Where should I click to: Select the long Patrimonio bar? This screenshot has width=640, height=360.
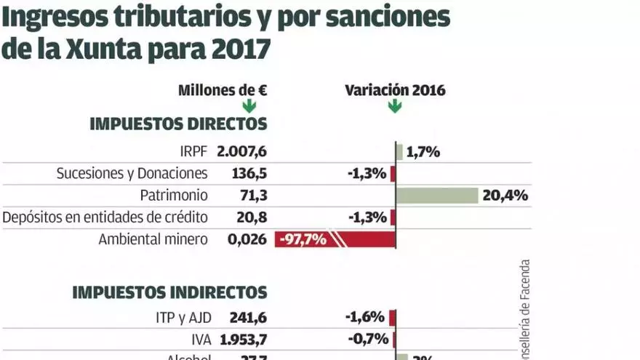pos(436,196)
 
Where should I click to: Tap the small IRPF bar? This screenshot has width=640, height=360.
pos(399,152)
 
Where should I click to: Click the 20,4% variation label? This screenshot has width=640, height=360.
pos(505,196)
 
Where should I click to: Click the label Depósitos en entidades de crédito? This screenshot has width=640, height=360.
pos(105,217)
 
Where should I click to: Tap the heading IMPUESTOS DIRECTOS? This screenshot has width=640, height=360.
pos(178,124)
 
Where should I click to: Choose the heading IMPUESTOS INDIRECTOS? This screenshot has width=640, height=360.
pos(169,292)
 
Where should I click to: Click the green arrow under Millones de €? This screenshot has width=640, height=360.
pos(249,106)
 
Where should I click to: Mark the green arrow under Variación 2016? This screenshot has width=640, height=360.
pos(395,106)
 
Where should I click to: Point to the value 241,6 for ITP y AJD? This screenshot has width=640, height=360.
pos(249,317)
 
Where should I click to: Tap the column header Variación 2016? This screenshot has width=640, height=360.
pos(395,90)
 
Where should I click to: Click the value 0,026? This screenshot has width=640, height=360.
pos(248,239)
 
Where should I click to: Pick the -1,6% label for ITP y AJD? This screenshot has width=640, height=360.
pos(365,317)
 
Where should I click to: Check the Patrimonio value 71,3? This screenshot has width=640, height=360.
pos(253,196)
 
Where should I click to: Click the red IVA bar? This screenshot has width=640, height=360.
pos(393,339)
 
